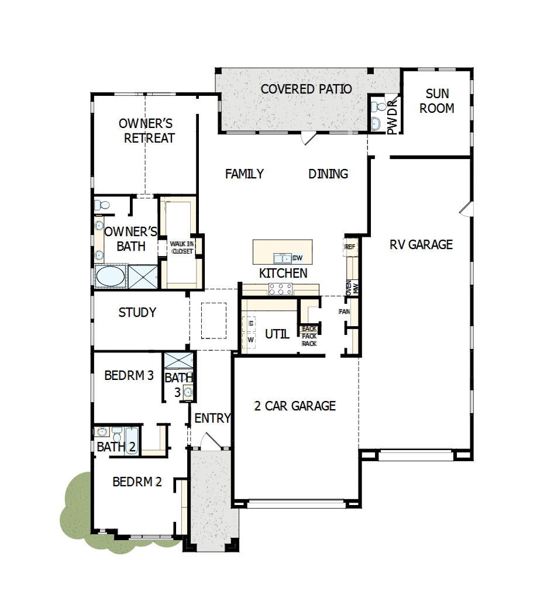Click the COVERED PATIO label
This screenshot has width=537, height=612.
[x=306, y=89]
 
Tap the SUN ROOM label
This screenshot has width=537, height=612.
[x=437, y=101]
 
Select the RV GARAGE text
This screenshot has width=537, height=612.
[x=421, y=244]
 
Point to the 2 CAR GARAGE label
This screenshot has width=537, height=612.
[x=295, y=406]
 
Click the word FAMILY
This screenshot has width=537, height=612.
[x=245, y=174]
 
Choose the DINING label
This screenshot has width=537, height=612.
[x=328, y=174]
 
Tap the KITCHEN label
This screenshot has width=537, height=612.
[x=283, y=273]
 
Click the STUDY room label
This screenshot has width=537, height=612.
[x=137, y=313]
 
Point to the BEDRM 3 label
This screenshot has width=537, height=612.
[x=129, y=375]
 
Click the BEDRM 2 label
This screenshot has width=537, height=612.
[x=137, y=482]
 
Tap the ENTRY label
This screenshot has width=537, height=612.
[x=212, y=419]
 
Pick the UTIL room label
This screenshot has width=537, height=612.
[x=277, y=334]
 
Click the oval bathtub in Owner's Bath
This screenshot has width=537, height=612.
[x=110, y=276]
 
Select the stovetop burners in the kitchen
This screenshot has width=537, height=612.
[x=280, y=288]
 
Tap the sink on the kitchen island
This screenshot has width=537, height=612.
[x=283, y=258]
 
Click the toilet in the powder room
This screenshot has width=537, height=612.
[x=377, y=108]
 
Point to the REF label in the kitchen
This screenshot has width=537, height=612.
[x=350, y=247]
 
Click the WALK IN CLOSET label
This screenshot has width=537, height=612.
[x=181, y=247]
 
